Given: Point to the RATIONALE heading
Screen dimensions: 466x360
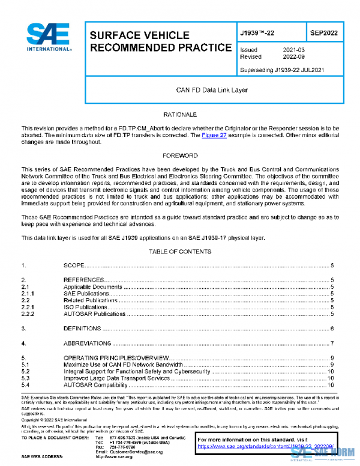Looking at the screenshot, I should pyautogui.click(x=180, y=114).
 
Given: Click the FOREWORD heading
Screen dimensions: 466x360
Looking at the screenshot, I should pyautogui.click(x=180, y=156).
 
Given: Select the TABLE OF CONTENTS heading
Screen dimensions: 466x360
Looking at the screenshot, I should pyautogui.click(x=180, y=250).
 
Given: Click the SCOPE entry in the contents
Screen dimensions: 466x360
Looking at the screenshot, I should pyautogui.click(x=74, y=265).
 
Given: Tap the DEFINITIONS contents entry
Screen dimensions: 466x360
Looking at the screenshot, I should pyautogui.click(x=82, y=329).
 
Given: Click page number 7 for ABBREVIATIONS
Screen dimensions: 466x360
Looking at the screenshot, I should pyautogui.click(x=332, y=344).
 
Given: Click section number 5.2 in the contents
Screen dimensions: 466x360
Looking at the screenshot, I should pyautogui.click(x=26, y=372).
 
